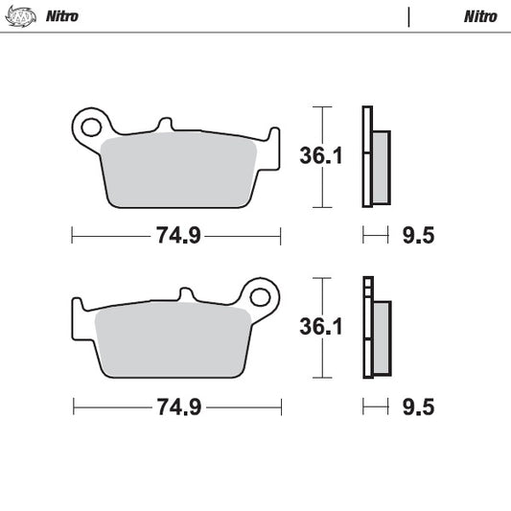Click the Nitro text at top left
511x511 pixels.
(x=61, y=16)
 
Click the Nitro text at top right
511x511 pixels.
(x=479, y=16)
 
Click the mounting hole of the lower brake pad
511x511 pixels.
(x=261, y=295)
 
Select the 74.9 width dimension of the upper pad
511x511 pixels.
(x=177, y=235)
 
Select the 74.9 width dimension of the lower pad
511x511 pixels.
(x=177, y=407)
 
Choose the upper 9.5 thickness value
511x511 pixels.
(x=418, y=235)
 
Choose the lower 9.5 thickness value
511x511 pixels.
(x=418, y=407)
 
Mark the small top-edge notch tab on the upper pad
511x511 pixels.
(x=165, y=125)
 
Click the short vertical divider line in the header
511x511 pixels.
(x=409, y=16)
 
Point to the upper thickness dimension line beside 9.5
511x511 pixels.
(x=374, y=235)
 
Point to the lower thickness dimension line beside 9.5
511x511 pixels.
(x=374, y=407)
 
